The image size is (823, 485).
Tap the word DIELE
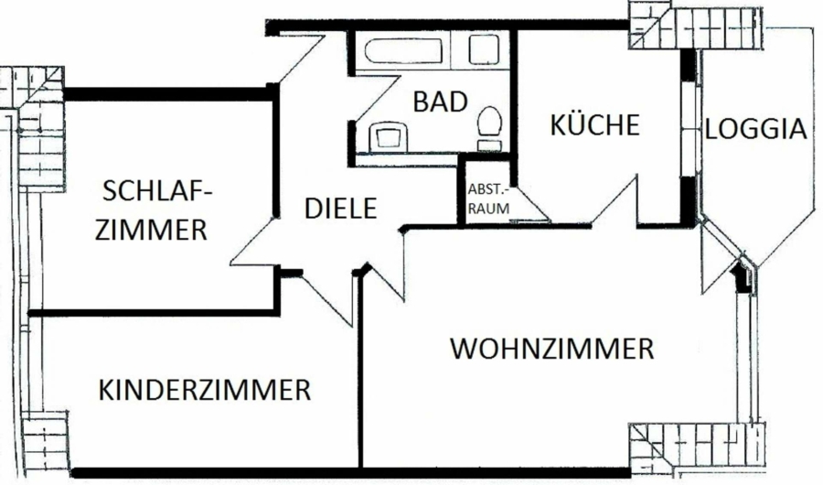[x=340, y=209]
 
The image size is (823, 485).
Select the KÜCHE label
[x=593, y=125]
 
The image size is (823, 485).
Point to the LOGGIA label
[x=757, y=129]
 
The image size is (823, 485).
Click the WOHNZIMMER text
[x=552, y=350]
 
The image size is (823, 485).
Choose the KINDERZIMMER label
[x=205, y=391]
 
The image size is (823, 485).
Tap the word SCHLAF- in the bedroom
[x=157, y=191]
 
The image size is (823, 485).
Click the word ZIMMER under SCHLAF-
[x=152, y=230]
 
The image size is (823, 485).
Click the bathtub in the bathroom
[x=400, y=50]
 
